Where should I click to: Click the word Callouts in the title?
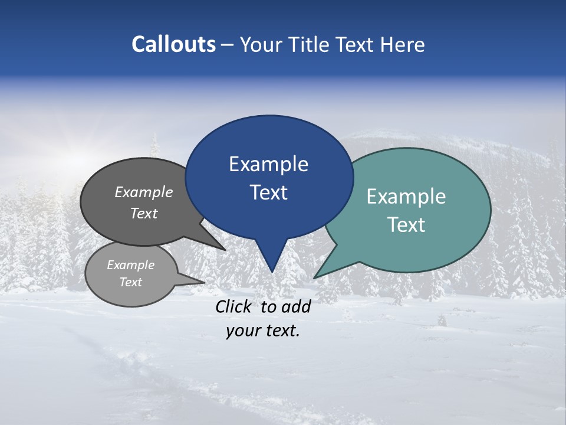click(x=173, y=44)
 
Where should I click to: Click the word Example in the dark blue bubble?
click(x=268, y=164)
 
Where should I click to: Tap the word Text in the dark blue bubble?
click(x=268, y=192)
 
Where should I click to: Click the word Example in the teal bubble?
click(x=406, y=197)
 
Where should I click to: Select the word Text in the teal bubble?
click(x=406, y=225)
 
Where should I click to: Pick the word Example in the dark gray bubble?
click(x=144, y=192)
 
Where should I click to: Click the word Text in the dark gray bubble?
click(x=144, y=213)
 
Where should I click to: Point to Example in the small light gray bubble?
click(x=130, y=265)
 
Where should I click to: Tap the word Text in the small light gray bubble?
click(x=130, y=282)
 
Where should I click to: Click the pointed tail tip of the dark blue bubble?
click(x=272, y=272)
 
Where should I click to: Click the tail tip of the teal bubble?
click(x=314, y=277)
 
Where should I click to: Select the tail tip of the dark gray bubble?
click(x=225, y=250)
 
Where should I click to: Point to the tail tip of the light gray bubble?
click(x=205, y=282)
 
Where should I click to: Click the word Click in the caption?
click(x=234, y=306)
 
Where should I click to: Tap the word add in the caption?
click(x=295, y=306)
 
